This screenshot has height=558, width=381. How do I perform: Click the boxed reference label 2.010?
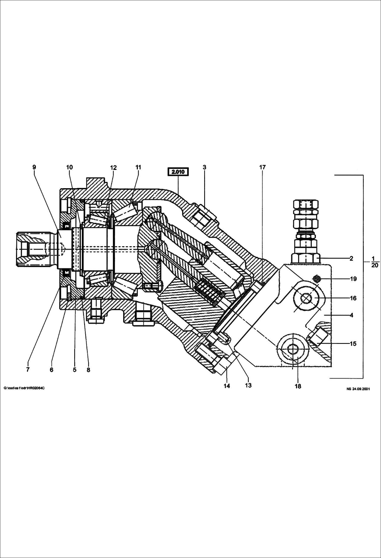click(x=178, y=172)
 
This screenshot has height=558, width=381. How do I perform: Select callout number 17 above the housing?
click(x=262, y=167)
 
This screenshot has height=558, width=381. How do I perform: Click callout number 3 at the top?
click(x=204, y=167)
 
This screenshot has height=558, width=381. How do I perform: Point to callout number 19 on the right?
click(x=353, y=279)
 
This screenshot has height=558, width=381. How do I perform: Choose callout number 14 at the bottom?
click(x=227, y=386)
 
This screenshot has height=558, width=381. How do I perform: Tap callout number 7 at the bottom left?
click(x=28, y=370)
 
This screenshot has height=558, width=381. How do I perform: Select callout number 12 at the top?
click(x=113, y=168)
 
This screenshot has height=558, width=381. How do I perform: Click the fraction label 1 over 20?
click(x=375, y=262)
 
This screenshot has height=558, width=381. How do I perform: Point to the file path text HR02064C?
click(x=24, y=388)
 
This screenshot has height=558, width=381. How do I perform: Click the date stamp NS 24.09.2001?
click(x=358, y=389)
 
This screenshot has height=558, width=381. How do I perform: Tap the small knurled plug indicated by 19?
click(x=317, y=279)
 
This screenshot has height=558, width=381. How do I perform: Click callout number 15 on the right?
click(x=353, y=344)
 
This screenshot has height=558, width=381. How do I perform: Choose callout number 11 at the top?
click(x=138, y=167)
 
